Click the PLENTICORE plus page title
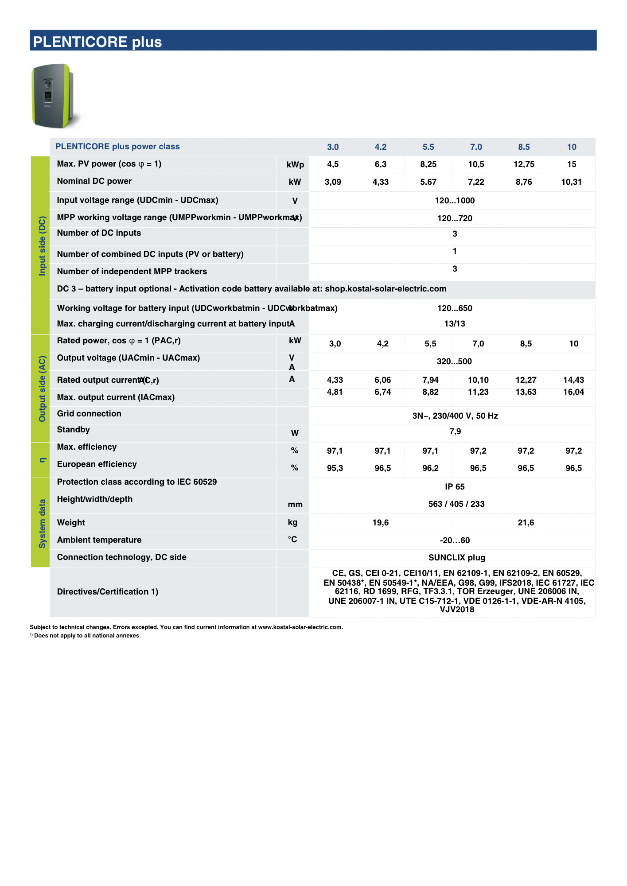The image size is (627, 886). [x=97, y=42]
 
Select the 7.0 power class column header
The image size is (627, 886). [x=476, y=147]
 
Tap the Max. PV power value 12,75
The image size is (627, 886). [x=524, y=164]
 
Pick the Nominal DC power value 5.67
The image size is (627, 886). [x=428, y=182]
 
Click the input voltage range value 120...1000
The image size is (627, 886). [x=455, y=201]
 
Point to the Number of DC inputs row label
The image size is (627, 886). [x=99, y=233]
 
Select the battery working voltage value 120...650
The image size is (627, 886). [x=455, y=308]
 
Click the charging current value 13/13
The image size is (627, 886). [x=455, y=324]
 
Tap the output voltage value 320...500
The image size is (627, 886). [x=454, y=361]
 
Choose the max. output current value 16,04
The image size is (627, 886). [x=573, y=392]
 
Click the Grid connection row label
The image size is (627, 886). [x=89, y=414]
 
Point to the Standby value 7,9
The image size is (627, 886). [x=455, y=431]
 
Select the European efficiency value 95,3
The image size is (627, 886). [x=335, y=468]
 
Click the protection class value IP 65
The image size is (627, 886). [x=455, y=487]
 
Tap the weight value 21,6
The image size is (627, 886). [x=526, y=523]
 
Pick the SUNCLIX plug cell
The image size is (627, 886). [x=457, y=558]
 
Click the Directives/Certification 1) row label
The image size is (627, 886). [x=108, y=592]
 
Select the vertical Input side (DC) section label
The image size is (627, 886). [x=43, y=246]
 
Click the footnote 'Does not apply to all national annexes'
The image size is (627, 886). [x=86, y=636]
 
